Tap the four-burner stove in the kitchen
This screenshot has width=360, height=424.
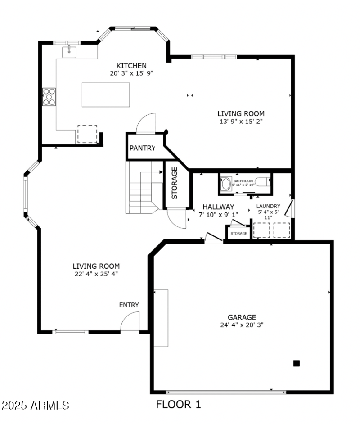click(x=49, y=96)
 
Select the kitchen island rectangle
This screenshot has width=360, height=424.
click(x=106, y=95)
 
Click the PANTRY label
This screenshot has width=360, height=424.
click(x=142, y=148)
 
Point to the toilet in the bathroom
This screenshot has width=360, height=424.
click(x=267, y=183)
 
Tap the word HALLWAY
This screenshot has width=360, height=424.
click(x=218, y=207)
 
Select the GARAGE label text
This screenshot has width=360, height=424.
click(x=241, y=317)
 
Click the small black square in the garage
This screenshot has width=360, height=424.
click(x=296, y=363)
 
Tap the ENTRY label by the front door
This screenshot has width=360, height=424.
click(x=129, y=305)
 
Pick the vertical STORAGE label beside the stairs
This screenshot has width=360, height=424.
click(x=174, y=183)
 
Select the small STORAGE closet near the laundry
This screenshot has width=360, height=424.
click(x=238, y=234)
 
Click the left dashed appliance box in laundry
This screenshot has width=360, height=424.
click(x=261, y=230)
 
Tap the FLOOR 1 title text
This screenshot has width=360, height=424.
click(x=178, y=404)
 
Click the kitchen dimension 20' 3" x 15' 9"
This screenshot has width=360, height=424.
click(x=132, y=73)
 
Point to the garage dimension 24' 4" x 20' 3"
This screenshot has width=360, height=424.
click(x=241, y=325)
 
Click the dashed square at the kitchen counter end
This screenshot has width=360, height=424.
click(x=87, y=134)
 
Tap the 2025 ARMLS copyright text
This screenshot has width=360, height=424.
click(x=35, y=405)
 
